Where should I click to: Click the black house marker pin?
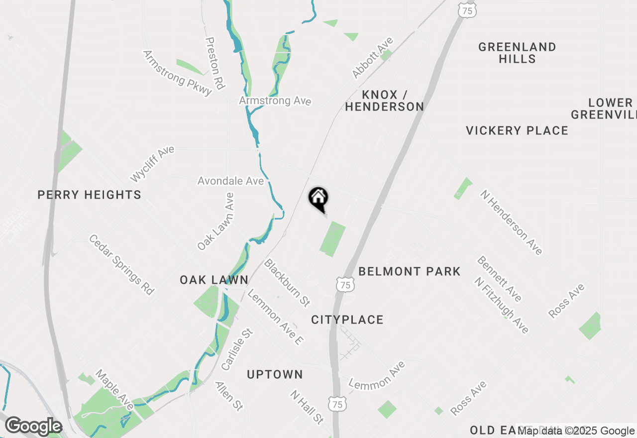[x=318, y=199]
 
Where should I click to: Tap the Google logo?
[x=33, y=427]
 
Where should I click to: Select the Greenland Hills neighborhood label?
[x=518, y=53]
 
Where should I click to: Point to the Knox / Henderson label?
[x=385, y=101]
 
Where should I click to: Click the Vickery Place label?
[x=517, y=130]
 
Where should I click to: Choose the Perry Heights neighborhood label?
[x=90, y=195]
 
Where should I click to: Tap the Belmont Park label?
[x=410, y=271]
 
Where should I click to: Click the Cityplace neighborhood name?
[x=347, y=320]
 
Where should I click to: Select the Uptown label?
[x=275, y=374]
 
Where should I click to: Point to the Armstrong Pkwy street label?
[x=178, y=71]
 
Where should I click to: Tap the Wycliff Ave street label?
[x=152, y=164]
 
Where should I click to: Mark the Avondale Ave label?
[x=230, y=181]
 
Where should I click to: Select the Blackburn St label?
[x=287, y=282]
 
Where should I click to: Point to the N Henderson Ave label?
[x=511, y=222]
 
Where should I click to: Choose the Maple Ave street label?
[x=115, y=390]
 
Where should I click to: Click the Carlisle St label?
[x=237, y=349]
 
